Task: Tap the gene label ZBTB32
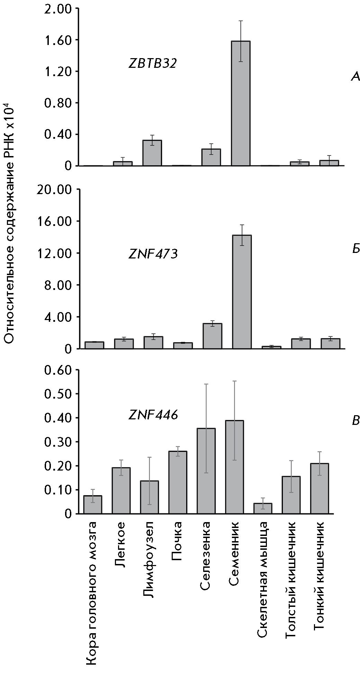[153, 64]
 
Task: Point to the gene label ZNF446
[153, 415]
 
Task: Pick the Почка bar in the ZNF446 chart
[178, 482]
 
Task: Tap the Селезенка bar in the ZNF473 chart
[212, 336]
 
